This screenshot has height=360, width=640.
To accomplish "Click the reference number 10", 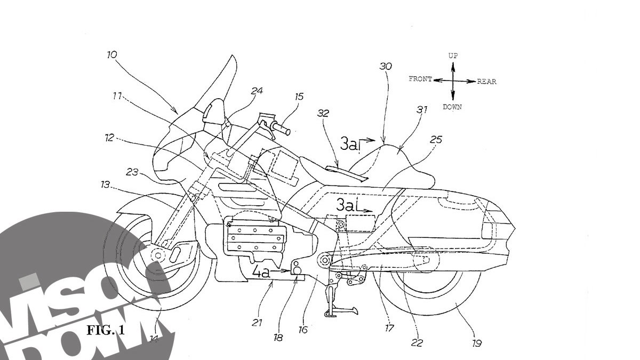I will point(113,54).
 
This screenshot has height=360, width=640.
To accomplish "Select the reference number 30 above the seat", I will point(386,67).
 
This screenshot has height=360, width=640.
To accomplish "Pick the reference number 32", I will point(323,114).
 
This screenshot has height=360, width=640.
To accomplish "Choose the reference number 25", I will point(436,140).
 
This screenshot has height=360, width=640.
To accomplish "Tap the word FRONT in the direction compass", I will point(420,79).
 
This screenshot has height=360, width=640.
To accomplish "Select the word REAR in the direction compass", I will point(486,82).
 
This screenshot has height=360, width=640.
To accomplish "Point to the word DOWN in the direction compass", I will point(452,107).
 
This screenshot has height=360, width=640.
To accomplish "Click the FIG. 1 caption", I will point(106,330).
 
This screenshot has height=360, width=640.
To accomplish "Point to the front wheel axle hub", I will point(158,255).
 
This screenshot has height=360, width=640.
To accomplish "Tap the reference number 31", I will point(422,110).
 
